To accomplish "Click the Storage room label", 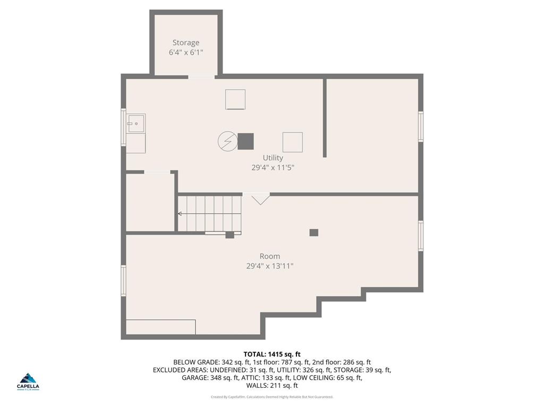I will (186, 42).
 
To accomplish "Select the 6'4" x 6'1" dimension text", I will (186, 52).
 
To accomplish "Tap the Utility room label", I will (273, 158).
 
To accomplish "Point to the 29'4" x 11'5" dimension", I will (273, 167).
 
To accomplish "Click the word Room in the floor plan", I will (270, 256).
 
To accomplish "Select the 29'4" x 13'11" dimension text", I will (270, 266).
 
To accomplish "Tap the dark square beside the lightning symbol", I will (245, 141).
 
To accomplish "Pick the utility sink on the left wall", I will (136, 123).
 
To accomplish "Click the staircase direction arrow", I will (181, 214).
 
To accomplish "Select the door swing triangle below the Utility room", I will (260, 199).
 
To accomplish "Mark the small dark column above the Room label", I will (314, 232).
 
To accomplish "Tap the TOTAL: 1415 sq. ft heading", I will (272, 354).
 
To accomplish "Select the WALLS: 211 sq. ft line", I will (272, 386).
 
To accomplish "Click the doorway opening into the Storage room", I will (201, 77).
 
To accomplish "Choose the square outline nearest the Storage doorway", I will (235, 99).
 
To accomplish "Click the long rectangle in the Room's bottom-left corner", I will (160, 327).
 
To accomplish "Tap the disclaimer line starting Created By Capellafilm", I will (272, 397).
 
